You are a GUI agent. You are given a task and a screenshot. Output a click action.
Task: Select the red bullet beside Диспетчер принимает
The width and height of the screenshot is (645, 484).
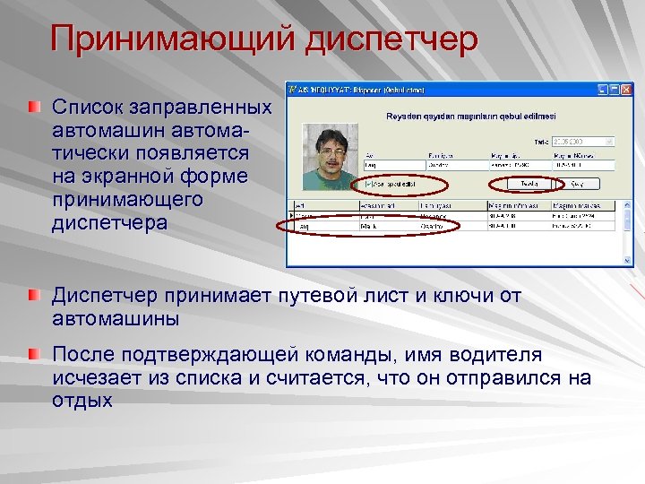point(34,296)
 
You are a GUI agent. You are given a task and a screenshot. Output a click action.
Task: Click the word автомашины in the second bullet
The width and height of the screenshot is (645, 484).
point(116,318)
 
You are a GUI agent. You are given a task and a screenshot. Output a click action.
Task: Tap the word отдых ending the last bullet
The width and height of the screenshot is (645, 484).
point(82,401)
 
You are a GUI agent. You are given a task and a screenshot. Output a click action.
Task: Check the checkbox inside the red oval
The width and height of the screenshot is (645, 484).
point(368,183)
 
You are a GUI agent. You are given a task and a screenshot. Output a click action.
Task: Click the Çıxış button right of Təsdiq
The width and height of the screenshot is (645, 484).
point(577,183)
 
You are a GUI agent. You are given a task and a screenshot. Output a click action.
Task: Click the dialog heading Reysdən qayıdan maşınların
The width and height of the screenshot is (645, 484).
point(470,116)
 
